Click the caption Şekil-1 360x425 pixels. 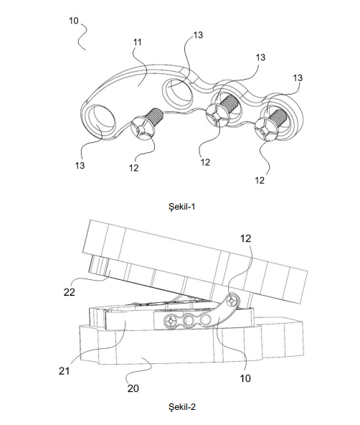(x=181, y=207)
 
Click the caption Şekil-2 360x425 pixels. (x=182, y=407)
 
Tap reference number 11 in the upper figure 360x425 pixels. (x=138, y=42)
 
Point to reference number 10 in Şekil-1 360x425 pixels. (x=74, y=21)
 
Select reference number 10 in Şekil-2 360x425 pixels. (x=245, y=378)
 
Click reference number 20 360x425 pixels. (x=133, y=388)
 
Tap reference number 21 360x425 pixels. (x=64, y=371)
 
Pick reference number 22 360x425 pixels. (x=70, y=292)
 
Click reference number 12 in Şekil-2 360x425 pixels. (x=245, y=238)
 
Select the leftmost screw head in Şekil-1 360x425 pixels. (x=143, y=131)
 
